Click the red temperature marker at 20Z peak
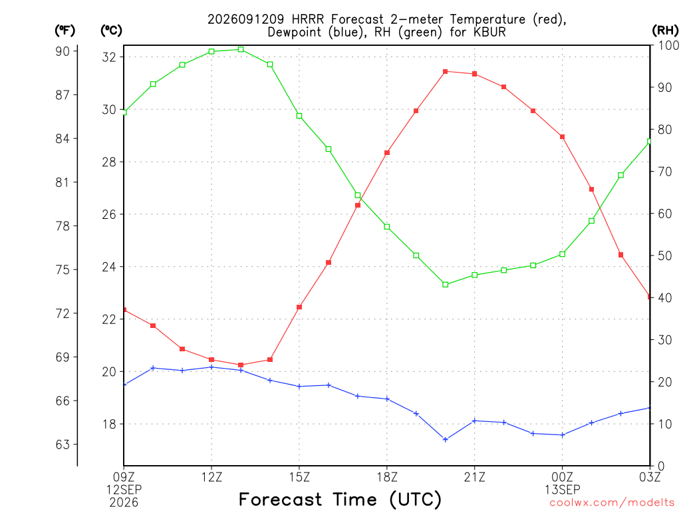point(445,72)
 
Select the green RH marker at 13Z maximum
point(241,49)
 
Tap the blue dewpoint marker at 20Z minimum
point(445,439)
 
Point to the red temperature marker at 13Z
point(241,365)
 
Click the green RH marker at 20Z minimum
point(445,285)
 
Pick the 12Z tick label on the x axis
point(211,477)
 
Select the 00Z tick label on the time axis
point(563,477)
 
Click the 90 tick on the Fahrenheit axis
point(63,51)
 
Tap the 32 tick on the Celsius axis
point(109,57)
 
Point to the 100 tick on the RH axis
point(668,45)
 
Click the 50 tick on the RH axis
point(665,255)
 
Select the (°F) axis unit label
point(65,31)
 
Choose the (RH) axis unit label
point(665,31)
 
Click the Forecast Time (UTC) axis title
point(340,499)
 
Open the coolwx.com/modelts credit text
point(612,503)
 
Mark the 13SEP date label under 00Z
point(563,490)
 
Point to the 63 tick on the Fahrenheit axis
point(63,444)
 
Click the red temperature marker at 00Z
point(563,137)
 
